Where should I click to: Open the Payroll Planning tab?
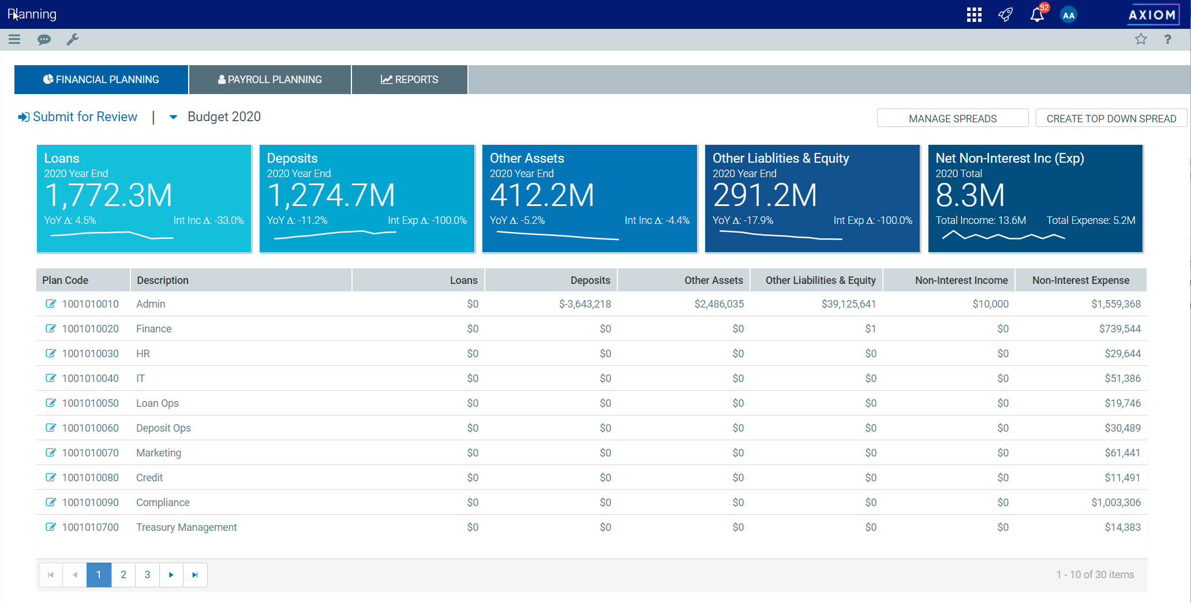point(269,80)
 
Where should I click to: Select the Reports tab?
point(410,80)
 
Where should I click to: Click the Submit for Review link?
point(78,117)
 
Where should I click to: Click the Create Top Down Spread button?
point(1111,118)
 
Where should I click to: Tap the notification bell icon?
point(1037,14)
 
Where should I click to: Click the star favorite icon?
point(1141,39)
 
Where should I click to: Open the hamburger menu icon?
point(14,39)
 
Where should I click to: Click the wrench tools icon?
point(73,39)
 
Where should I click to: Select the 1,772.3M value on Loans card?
point(108,195)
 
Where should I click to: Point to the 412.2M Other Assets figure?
point(542,195)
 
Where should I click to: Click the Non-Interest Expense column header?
point(1081,280)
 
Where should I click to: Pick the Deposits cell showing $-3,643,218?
point(585,304)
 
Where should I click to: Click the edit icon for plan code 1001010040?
point(51,378)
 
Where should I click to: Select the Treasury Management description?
point(186,527)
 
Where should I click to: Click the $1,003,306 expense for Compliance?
point(1116,503)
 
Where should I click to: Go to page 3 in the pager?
point(147,575)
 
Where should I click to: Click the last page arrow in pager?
point(195,575)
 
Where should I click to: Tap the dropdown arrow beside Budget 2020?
point(173,117)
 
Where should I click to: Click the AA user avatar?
point(1069,15)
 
